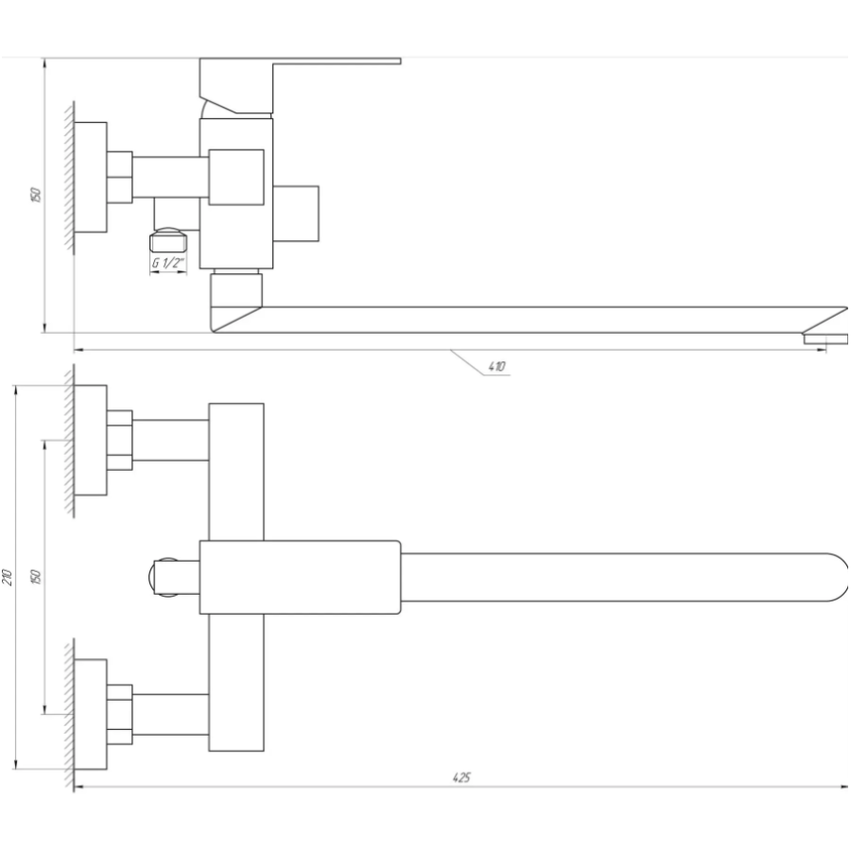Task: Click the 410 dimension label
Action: coord(496,366)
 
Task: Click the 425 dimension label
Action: coord(461,777)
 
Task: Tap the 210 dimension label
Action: coord(7,577)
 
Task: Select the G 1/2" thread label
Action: coord(167,263)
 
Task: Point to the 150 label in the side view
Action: coord(35,194)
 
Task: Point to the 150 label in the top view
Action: coord(35,577)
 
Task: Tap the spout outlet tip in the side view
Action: coord(825,339)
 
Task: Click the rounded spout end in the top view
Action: coord(838,577)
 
